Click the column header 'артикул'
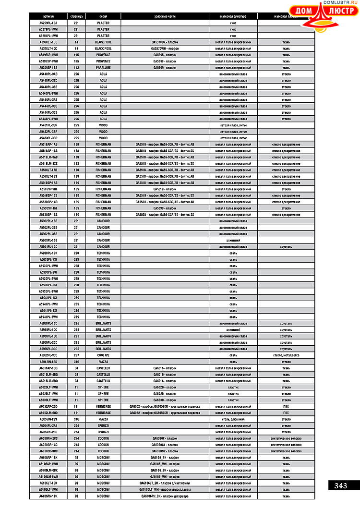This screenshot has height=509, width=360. tap(48, 16)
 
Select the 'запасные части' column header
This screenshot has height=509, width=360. tap(165, 16)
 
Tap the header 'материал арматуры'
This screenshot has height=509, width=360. tap(233, 16)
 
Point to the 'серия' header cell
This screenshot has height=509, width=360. tap(103, 16)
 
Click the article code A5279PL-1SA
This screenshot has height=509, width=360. tap(48, 23)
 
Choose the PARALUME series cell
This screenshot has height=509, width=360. tap(103, 68)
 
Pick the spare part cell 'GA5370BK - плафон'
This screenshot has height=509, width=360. tap(165, 42)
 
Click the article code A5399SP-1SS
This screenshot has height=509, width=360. tap(48, 68)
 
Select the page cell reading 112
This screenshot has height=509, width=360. tap(76, 68)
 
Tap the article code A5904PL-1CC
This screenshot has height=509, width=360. tap(48, 247)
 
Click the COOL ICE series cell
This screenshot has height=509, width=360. tap(103, 355)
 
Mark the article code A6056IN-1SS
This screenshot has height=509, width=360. tap(48, 419)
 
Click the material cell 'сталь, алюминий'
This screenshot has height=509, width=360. tap(233, 419)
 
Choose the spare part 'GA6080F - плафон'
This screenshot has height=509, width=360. tap(165, 438)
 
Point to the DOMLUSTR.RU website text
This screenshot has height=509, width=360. tap(341, 3)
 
